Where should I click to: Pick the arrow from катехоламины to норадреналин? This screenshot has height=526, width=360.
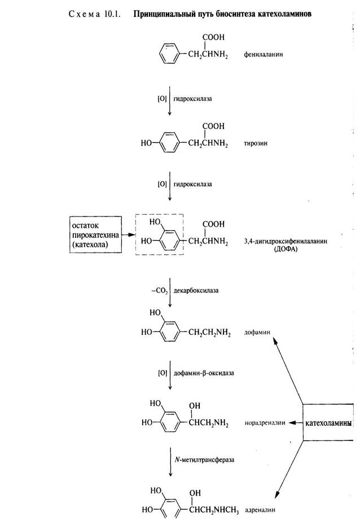pos(292,422)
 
